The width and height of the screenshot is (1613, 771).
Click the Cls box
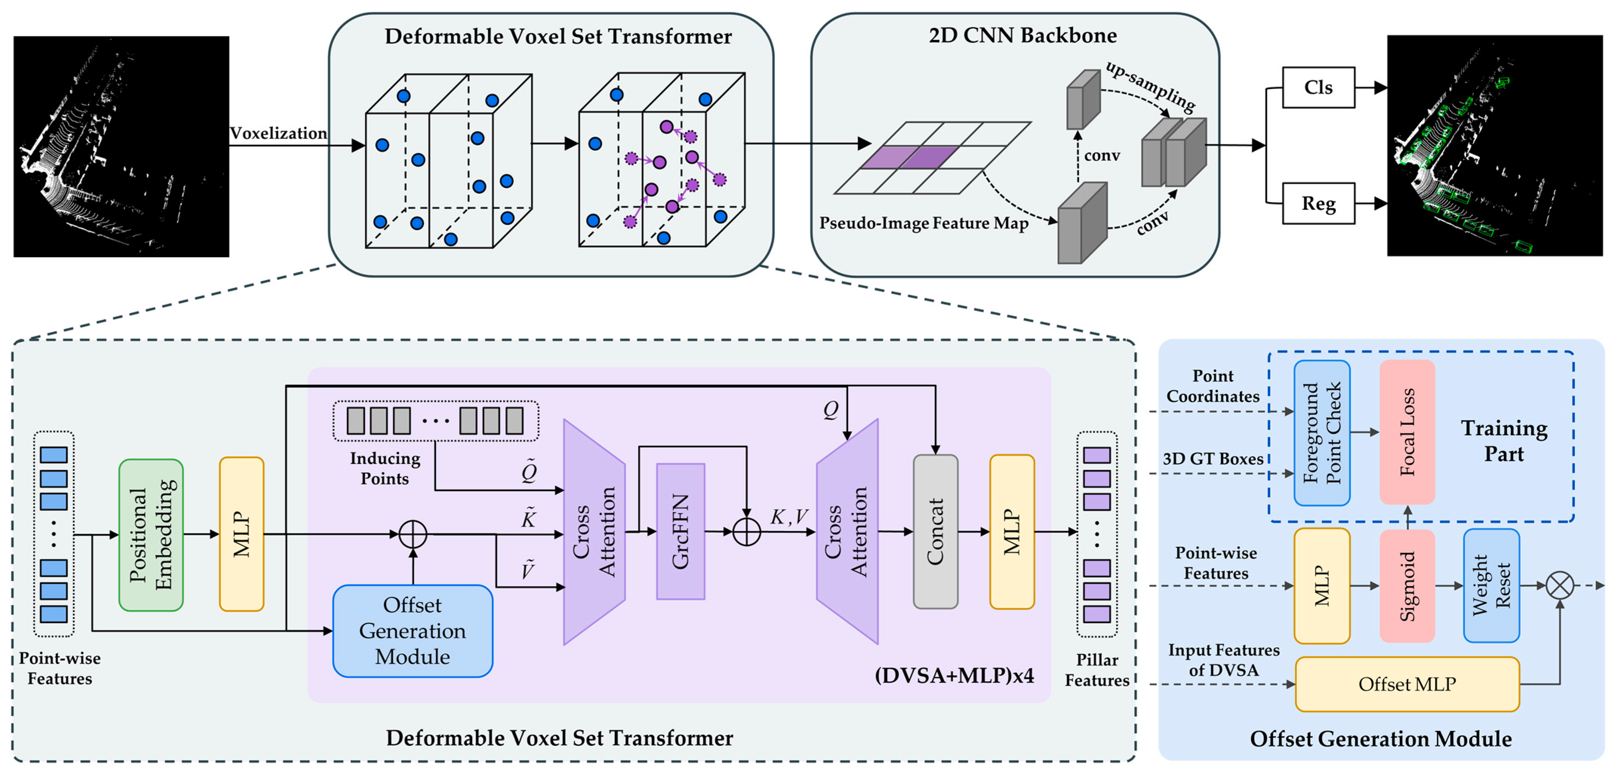(x=1318, y=88)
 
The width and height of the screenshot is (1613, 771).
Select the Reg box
(x=1318, y=203)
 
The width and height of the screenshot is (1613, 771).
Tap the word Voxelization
(x=278, y=133)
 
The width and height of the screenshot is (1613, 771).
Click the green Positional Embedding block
(x=151, y=535)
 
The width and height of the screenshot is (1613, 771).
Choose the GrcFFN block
(x=681, y=531)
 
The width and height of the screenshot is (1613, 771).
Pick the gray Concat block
(x=935, y=531)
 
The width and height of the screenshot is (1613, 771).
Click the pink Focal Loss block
(x=1407, y=432)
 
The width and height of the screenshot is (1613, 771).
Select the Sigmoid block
(x=1407, y=586)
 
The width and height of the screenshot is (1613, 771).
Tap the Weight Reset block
(x=1491, y=586)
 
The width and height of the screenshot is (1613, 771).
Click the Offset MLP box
(x=1407, y=684)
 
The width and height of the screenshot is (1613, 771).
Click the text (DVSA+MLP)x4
(x=953, y=675)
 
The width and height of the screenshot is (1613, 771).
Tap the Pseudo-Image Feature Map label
(x=924, y=223)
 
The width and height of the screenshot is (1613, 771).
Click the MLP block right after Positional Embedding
(x=242, y=534)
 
